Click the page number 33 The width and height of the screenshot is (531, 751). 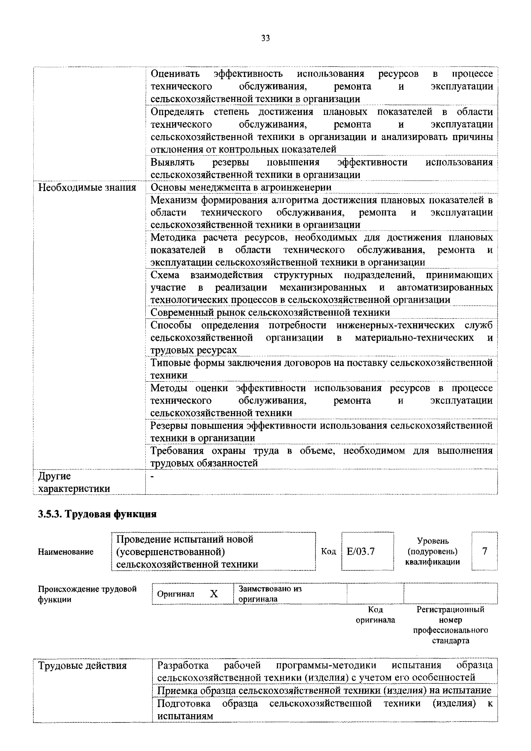265,39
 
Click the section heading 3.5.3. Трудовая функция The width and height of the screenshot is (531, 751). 97,514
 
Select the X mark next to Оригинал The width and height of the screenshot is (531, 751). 214,594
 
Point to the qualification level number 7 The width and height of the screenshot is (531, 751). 485,551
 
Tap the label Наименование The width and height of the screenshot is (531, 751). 66,552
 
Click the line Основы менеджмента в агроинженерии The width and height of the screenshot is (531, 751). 241,187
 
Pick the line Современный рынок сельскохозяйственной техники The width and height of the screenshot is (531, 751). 270,312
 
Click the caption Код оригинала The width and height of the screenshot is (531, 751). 375,615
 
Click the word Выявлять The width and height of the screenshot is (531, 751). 172,162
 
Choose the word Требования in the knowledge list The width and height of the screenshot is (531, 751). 177,451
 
